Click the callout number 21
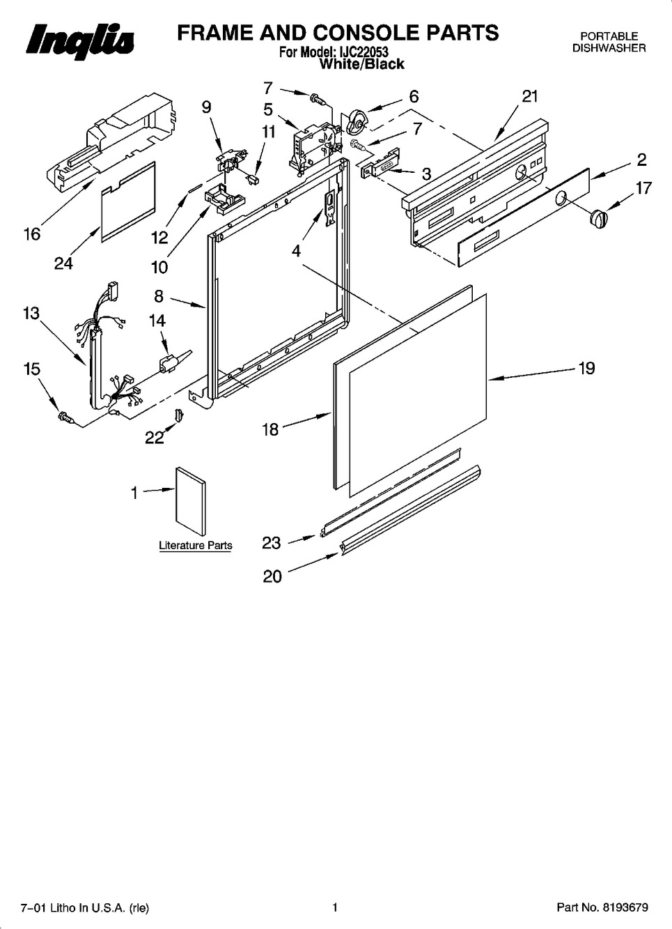pyautogui.click(x=529, y=96)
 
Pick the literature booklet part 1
pyautogui.click(x=191, y=502)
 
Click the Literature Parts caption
pyautogui.click(x=196, y=546)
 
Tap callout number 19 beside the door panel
pyautogui.click(x=586, y=368)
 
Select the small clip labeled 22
pyautogui.click(x=179, y=414)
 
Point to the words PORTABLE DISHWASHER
pyautogui.click(x=609, y=42)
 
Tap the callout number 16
pyautogui.click(x=32, y=234)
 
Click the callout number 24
pyautogui.click(x=64, y=263)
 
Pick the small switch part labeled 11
pyautogui.click(x=252, y=179)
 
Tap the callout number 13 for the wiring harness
pyautogui.click(x=31, y=313)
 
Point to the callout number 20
pyautogui.click(x=272, y=576)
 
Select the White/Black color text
pyautogui.click(x=362, y=64)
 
